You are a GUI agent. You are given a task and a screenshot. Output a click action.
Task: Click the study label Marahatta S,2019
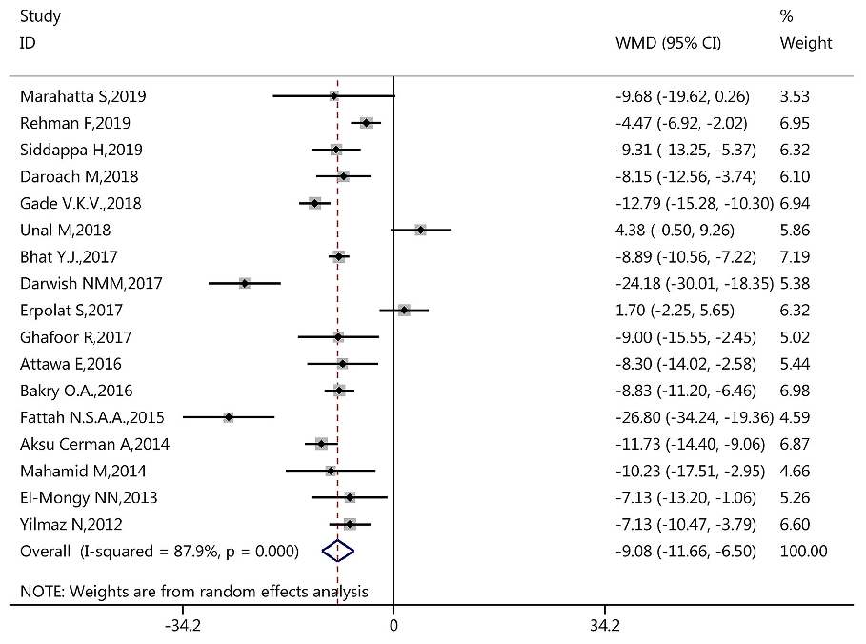pos(83,96)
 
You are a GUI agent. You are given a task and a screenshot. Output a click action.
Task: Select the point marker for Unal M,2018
pos(420,230)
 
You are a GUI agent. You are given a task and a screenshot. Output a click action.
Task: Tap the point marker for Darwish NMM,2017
pos(245,283)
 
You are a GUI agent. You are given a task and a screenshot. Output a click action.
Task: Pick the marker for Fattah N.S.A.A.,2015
pos(229,417)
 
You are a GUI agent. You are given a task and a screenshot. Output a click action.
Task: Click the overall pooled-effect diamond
pos(338,551)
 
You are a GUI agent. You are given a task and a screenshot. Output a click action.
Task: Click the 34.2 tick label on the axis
pos(604,626)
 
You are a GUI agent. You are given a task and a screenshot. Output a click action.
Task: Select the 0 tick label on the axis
pos(393,626)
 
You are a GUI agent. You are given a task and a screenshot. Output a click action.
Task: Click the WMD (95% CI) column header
pos(669,44)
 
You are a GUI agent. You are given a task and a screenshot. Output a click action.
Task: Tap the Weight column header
pos(805,44)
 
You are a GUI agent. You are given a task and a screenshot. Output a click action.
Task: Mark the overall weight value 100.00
pos(803,551)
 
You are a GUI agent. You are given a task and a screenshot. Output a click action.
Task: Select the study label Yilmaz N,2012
pos(70,524)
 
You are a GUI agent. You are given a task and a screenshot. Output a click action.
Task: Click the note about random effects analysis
pos(193,592)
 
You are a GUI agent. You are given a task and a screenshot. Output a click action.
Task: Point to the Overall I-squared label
pos(159,551)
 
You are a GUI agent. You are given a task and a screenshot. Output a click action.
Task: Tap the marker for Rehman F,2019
pos(366,123)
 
